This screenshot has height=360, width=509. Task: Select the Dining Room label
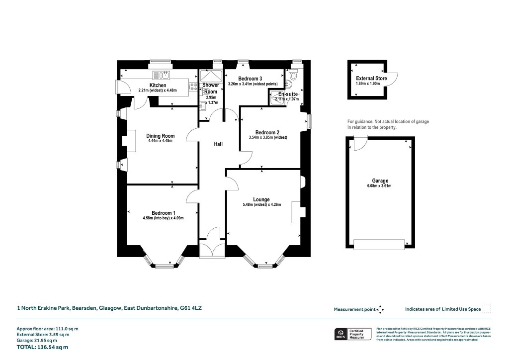coord(160,136)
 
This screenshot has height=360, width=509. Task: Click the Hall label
coord(218,144)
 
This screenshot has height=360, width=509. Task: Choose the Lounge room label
coord(260,199)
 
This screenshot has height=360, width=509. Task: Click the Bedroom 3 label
coord(250,79)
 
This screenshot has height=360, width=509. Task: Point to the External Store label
coord(371,79)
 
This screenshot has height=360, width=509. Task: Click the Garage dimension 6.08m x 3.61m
coord(380,186)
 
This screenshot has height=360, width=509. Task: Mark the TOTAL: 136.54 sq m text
coord(43,347)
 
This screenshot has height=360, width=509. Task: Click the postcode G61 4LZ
coord(191,308)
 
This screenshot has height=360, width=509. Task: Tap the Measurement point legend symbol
coord(381,309)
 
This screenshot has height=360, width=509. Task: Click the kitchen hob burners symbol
coord(192,88)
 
